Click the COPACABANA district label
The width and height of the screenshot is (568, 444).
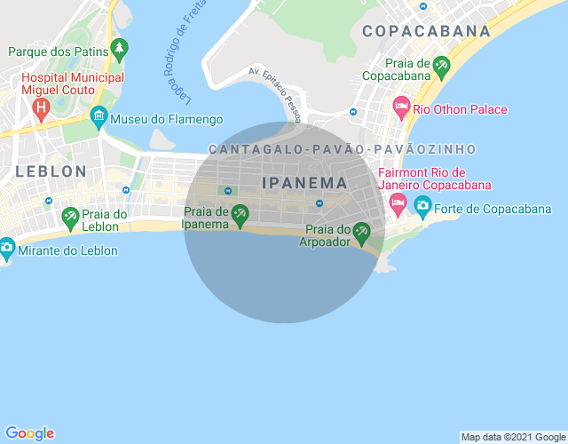[421, 31]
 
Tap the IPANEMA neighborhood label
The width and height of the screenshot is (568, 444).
[304, 182]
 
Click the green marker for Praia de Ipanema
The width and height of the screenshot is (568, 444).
[240, 214]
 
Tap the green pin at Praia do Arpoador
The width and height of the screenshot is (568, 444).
[361, 233]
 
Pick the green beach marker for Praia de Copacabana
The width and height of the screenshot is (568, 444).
[440, 67]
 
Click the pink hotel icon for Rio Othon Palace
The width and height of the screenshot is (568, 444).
[401, 109]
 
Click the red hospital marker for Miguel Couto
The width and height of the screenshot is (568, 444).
[40, 109]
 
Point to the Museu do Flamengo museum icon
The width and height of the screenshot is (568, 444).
[99, 116]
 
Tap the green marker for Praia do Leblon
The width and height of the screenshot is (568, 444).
[70, 216]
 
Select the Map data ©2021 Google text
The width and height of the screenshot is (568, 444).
[513, 437]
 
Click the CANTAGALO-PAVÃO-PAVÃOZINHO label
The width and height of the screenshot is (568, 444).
[342, 149]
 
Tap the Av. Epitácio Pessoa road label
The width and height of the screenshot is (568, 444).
[276, 95]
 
